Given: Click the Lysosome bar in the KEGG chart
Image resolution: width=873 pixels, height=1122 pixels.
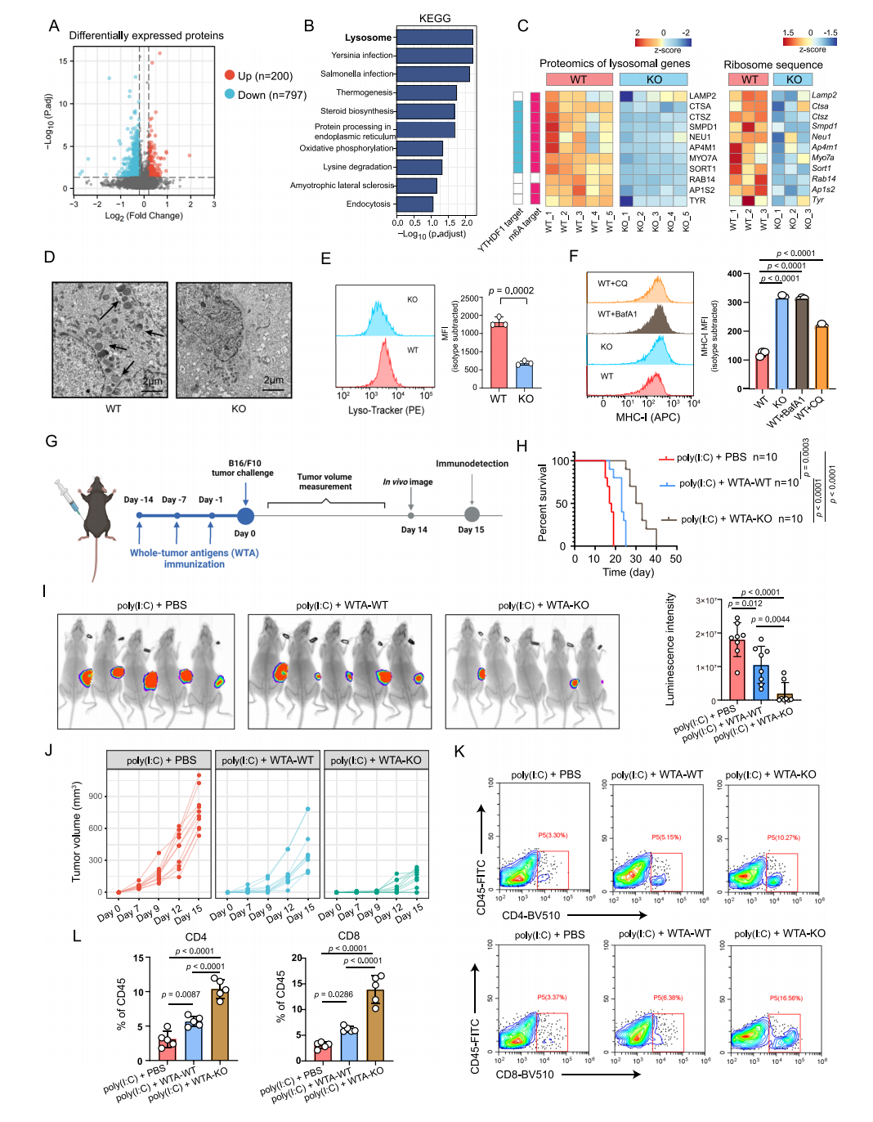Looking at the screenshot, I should tap(435, 38).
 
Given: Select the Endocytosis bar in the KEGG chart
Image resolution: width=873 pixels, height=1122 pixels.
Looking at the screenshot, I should tap(415, 204).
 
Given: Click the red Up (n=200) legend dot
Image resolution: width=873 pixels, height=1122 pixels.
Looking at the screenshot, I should tap(230, 75).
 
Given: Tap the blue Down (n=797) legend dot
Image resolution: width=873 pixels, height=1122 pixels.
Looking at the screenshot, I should tap(230, 94).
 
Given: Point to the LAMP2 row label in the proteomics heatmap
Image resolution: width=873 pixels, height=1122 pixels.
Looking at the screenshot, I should tap(702, 96).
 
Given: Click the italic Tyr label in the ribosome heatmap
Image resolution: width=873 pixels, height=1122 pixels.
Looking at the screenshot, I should tap(818, 200).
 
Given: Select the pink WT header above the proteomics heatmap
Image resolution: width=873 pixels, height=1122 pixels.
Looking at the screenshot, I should tap(579, 79).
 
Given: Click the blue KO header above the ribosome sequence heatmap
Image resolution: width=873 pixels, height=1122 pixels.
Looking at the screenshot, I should tap(794, 79).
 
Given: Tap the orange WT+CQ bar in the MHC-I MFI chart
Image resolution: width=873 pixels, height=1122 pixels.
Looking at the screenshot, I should tap(822, 357).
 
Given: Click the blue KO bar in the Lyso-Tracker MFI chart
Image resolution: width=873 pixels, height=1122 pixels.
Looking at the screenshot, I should tap(525, 375).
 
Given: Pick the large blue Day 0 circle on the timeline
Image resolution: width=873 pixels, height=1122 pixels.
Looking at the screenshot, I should tap(245, 516).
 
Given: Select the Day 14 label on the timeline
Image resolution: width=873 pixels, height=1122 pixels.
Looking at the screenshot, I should tap(414, 530).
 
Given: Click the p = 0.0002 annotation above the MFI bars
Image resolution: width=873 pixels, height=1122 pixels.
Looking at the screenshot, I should tap(511, 290).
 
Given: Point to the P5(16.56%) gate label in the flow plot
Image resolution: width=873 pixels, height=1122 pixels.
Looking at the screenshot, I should tap(786, 998).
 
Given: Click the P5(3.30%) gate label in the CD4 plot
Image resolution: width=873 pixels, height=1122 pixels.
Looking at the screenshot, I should tap(553, 835).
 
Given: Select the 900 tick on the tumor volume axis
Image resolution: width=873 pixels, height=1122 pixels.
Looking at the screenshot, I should tap(96, 796).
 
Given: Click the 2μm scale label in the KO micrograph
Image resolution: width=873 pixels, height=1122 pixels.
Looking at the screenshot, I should tap(273, 380).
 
